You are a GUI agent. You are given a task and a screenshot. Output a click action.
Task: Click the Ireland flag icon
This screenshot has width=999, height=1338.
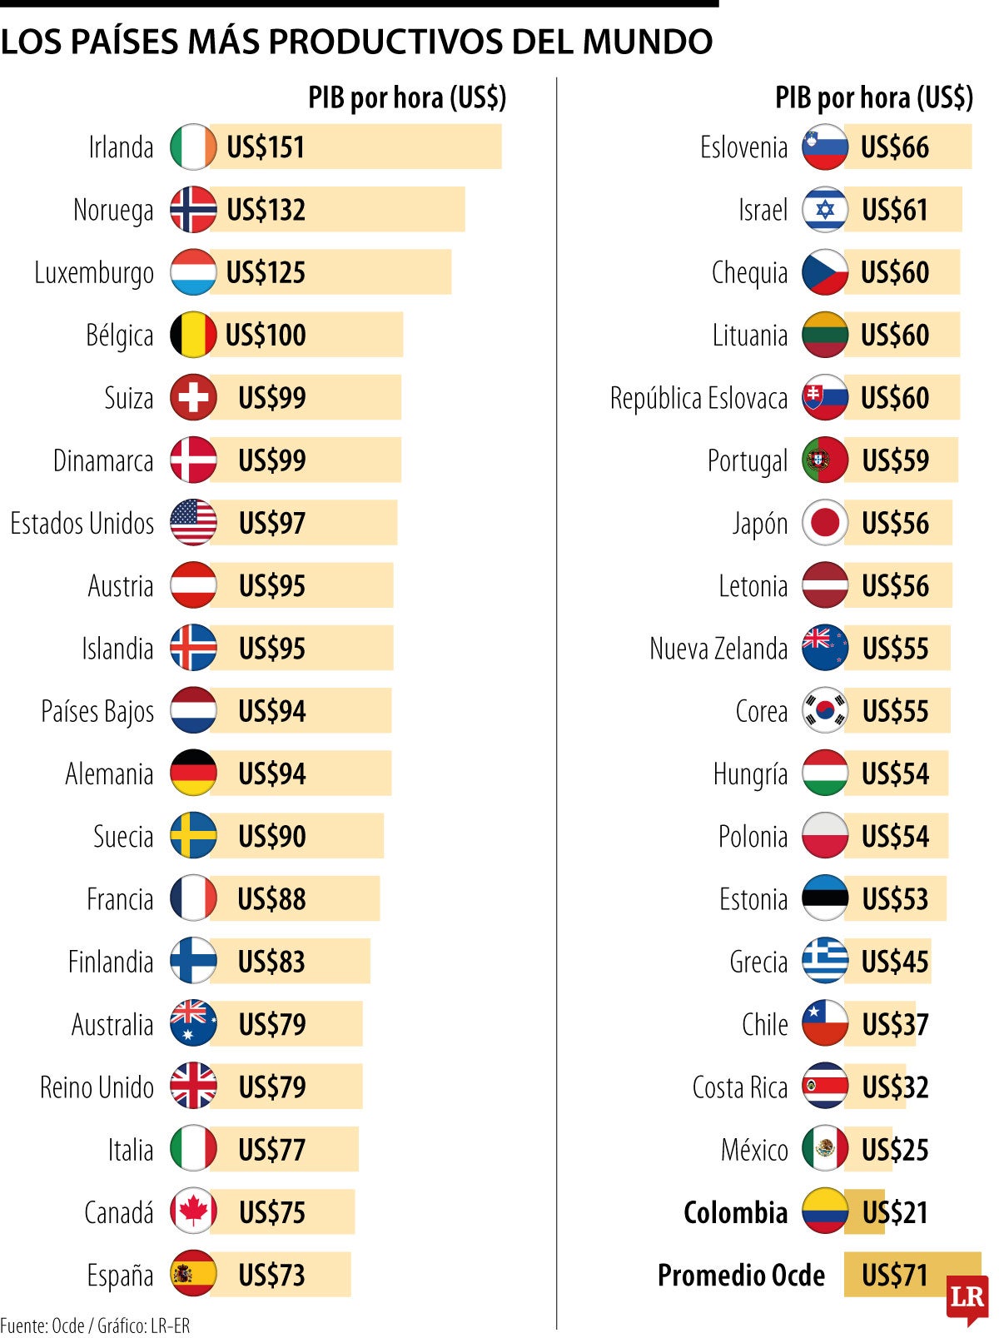[193, 147]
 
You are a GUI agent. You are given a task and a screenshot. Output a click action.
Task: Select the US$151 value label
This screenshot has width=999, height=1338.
[266, 147]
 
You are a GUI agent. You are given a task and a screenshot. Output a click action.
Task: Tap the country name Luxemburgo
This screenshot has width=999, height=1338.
[94, 273]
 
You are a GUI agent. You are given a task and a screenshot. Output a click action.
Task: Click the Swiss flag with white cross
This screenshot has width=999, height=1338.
[193, 398]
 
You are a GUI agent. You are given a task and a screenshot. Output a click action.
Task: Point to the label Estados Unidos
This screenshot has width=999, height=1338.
[82, 524]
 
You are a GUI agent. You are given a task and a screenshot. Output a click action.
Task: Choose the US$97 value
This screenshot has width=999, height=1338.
[272, 524]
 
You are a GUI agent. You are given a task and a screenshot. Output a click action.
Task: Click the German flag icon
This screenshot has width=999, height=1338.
[193, 773]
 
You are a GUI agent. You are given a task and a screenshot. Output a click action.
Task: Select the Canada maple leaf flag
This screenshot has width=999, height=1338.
[193, 1212]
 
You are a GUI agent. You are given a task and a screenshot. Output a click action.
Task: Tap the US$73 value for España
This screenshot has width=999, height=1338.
[271, 1275]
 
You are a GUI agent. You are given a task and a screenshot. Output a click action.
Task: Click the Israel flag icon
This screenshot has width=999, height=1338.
[825, 210]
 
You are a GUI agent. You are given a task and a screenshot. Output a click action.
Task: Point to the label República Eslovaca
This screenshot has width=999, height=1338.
[698, 398]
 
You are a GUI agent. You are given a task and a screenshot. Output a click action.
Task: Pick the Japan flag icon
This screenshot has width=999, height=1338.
[825, 524]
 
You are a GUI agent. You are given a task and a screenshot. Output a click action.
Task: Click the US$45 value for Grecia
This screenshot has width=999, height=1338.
[895, 962]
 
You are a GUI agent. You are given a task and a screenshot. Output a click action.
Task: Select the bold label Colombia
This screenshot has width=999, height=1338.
[735, 1212]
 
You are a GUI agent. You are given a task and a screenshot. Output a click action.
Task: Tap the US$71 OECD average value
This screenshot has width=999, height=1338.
[895, 1275]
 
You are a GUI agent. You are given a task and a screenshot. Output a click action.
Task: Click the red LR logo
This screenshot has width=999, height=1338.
[967, 1297]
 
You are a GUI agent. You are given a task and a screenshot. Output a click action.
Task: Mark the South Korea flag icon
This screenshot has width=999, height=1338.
[825, 711]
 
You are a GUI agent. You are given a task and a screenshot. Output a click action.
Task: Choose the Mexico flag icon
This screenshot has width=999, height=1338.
[825, 1150]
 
